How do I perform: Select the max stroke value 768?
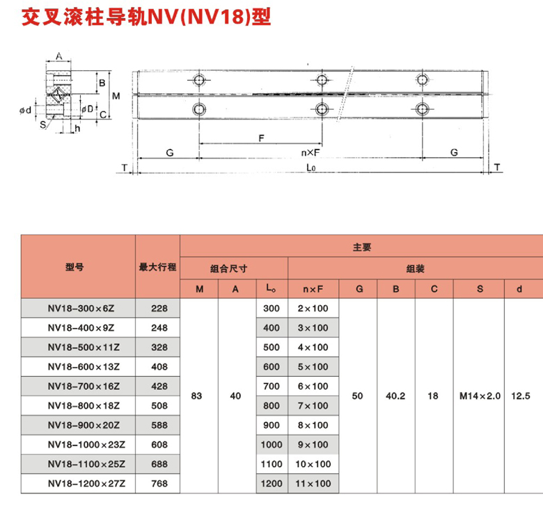coord(158,483)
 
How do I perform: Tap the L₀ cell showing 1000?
coord(271,444)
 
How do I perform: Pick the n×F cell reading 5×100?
coord(313,366)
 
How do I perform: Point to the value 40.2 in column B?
coord(395,395)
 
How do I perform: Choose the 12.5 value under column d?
coord(521,395)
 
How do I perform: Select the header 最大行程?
coord(158,267)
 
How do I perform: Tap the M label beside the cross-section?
coord(116,95)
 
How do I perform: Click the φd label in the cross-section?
coord(26,111)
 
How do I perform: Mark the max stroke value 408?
coord(158,366)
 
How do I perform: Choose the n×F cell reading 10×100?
coord(313,464)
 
